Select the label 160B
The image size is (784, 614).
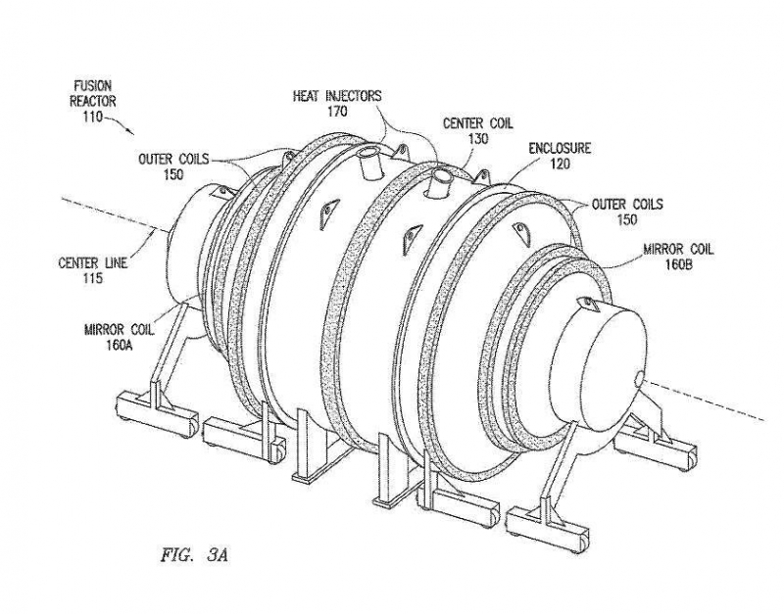pos(677,263)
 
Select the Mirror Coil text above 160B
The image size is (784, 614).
pos(677,250)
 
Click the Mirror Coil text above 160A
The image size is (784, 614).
pos(119,330)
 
